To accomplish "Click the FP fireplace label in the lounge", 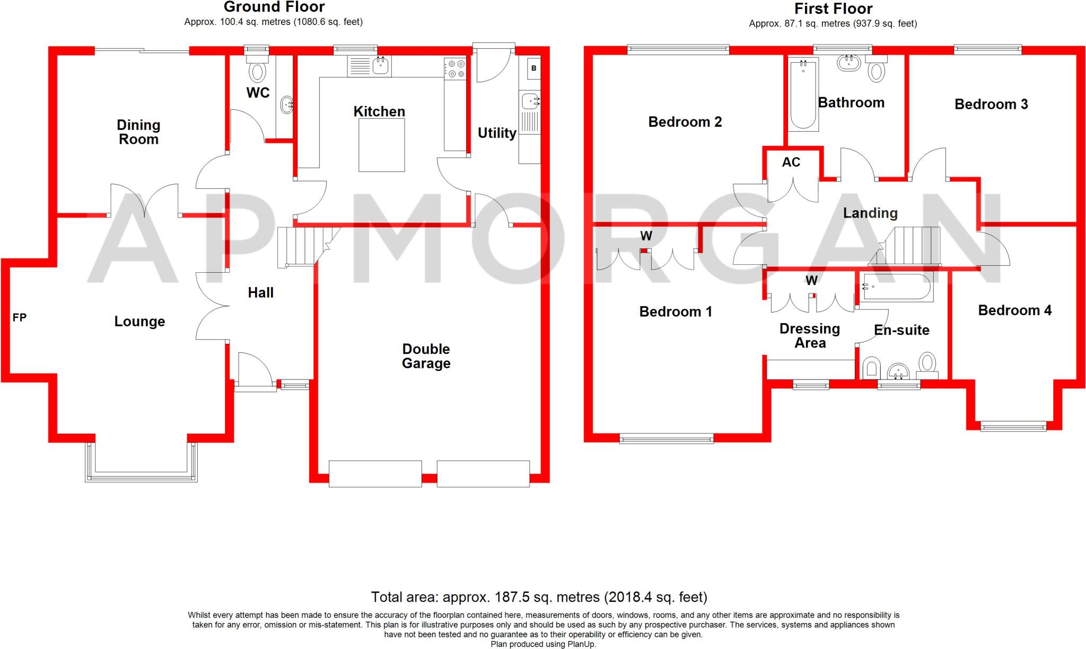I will (x=20, y=317).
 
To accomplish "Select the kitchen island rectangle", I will (x=381, y=145).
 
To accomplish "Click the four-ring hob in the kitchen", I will (x=454, y=68).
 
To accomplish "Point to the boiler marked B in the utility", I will (x=533, y=68).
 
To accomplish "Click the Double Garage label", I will (x=426, y=356).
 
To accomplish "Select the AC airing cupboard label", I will (x=791, y=162).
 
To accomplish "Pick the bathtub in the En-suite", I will (x=896, y=287).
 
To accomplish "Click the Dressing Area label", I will (x=810, y=336).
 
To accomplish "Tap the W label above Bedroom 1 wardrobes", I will (x=646, y=236).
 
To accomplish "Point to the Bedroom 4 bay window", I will (x=1013, y=426).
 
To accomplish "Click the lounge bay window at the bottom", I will (x=141, y=476).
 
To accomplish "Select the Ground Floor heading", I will (x=274, y=7).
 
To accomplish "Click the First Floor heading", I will (x=833, y=8).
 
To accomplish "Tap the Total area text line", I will (x=539, y=597).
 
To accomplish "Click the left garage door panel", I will (x=375, y=474).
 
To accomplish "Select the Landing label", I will (x=870, y=213).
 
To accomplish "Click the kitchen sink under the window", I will (x=381, y=66).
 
